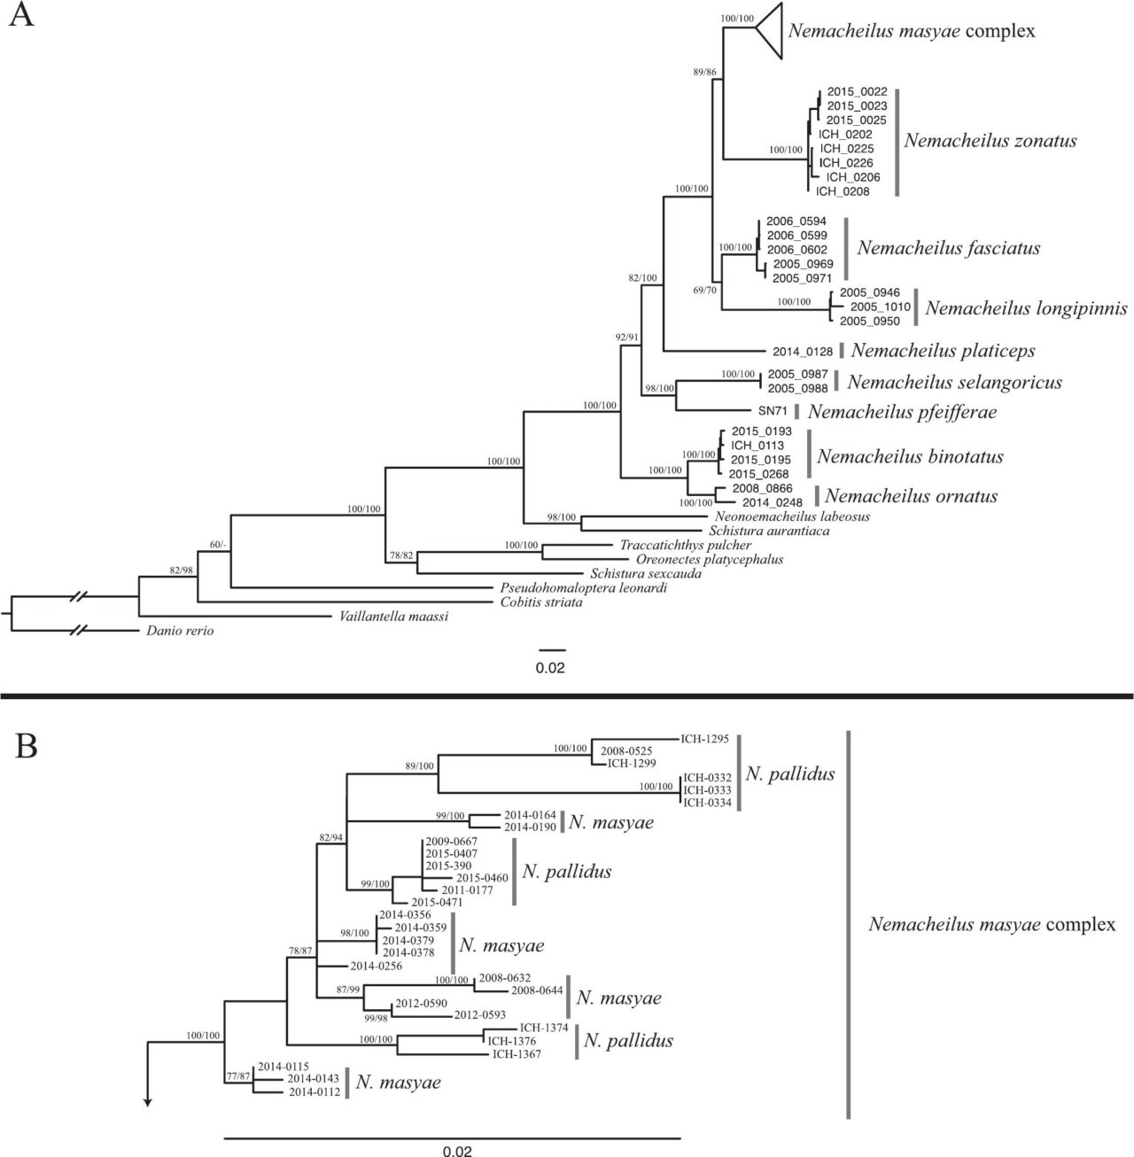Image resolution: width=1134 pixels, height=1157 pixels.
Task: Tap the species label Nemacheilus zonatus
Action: coord(990,141)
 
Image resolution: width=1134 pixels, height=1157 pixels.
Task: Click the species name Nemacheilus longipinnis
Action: coord(1026,308)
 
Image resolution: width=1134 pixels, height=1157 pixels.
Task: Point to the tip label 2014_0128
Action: coord(804,351)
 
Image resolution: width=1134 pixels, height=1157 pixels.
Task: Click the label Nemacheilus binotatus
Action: coord(910,457)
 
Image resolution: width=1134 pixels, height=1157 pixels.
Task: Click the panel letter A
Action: coord(21,17)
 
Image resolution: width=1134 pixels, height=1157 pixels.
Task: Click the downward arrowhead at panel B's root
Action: coord(148,1102)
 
